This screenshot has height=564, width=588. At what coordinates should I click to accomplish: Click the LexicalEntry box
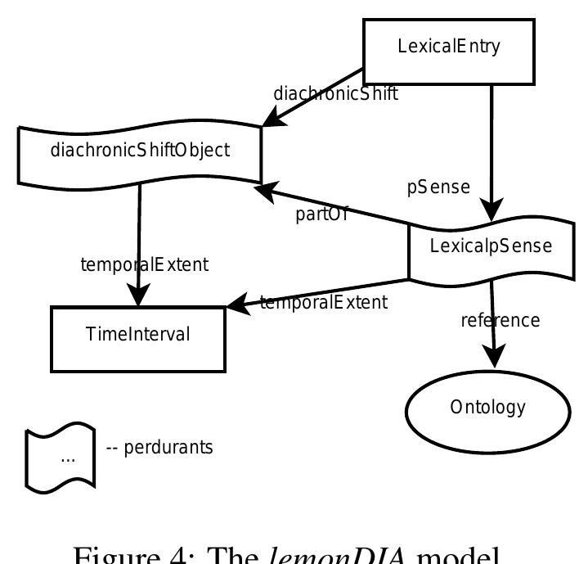448,46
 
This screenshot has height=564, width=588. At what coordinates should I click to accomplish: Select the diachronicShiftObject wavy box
140,151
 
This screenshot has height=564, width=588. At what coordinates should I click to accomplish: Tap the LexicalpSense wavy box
491,246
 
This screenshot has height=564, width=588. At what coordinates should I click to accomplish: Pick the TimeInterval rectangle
138,334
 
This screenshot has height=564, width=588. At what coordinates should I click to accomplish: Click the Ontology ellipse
487,407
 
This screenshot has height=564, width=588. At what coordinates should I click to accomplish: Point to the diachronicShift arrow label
335,93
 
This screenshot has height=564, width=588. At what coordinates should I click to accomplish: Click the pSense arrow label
438,187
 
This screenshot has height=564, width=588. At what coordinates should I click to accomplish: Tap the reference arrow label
500,319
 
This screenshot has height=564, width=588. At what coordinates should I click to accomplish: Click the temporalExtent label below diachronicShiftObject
144,264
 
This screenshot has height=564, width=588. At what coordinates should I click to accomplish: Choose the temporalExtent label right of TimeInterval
323,302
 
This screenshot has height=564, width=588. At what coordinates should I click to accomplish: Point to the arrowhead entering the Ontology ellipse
494,357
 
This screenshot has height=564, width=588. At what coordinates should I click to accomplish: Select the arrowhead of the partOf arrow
263,191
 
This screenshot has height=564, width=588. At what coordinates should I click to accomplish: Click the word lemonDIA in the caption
348,553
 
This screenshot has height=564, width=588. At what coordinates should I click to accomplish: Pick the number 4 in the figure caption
194,553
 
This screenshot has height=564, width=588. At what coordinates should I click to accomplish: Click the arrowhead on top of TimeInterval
138,296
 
